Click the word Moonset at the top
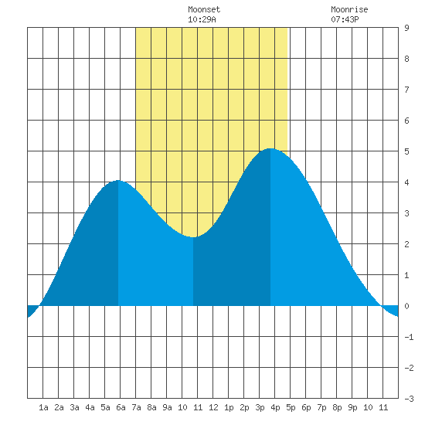tap(204, 9)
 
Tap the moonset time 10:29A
tap(202, 19)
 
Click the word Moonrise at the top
tap(349, 9)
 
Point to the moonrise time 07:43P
tap(345, 19)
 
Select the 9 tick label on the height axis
tap(406, 28)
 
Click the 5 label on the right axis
tap(406, 151)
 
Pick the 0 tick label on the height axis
tap(406, 306)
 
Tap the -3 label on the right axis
tap(409, 399)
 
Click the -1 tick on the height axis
tap(409, 337)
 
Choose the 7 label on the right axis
tap(406, 90)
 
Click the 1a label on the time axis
tap(43, 407)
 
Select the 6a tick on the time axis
tap(121, 407)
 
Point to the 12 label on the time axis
tap(213, 407)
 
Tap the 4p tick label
tap(275, 407)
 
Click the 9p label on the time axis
tap(352, 407)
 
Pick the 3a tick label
tap(74, 407)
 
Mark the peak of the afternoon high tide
tap(270, 148)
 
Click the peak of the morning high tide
tap(118, 180)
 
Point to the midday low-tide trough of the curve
tap(193, 237)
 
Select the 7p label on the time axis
tap(321, 407)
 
